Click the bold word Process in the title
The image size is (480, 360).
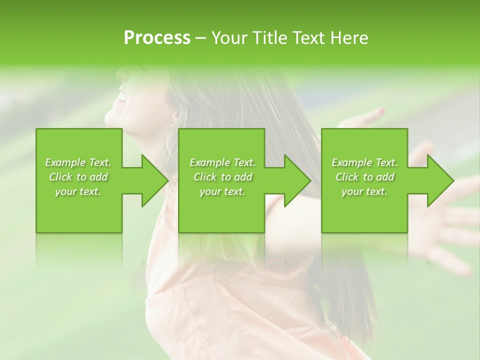157,38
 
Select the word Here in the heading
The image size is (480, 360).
349,38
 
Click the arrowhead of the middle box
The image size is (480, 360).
296,180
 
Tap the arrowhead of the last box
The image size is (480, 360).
439,180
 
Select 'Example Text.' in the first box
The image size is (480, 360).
78,162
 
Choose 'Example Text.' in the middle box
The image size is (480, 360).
222,162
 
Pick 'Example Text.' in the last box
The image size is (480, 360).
364,162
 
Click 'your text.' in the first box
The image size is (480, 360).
78,192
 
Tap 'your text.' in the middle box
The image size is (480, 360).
222,192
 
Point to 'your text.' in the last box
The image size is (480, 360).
364,192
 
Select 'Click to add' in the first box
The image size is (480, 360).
78,177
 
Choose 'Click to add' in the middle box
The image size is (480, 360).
222,177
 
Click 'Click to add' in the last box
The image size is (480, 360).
364,177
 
